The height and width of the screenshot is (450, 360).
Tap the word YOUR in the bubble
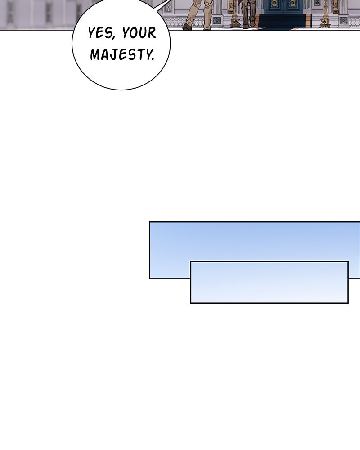pos(139,32)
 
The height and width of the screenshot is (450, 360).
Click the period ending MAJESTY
pos(153,59)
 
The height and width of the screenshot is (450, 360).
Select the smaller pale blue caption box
pos(269,282)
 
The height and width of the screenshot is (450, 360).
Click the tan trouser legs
pos(198,13)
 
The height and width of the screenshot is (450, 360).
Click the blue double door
pos(285,6)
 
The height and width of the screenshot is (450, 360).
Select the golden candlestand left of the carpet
pos(235,14)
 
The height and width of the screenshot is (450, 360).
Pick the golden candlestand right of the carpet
pos(325,14)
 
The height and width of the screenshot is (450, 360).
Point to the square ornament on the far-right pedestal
pos(343,20)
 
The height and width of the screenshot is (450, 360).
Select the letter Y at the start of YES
pos(92,33)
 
